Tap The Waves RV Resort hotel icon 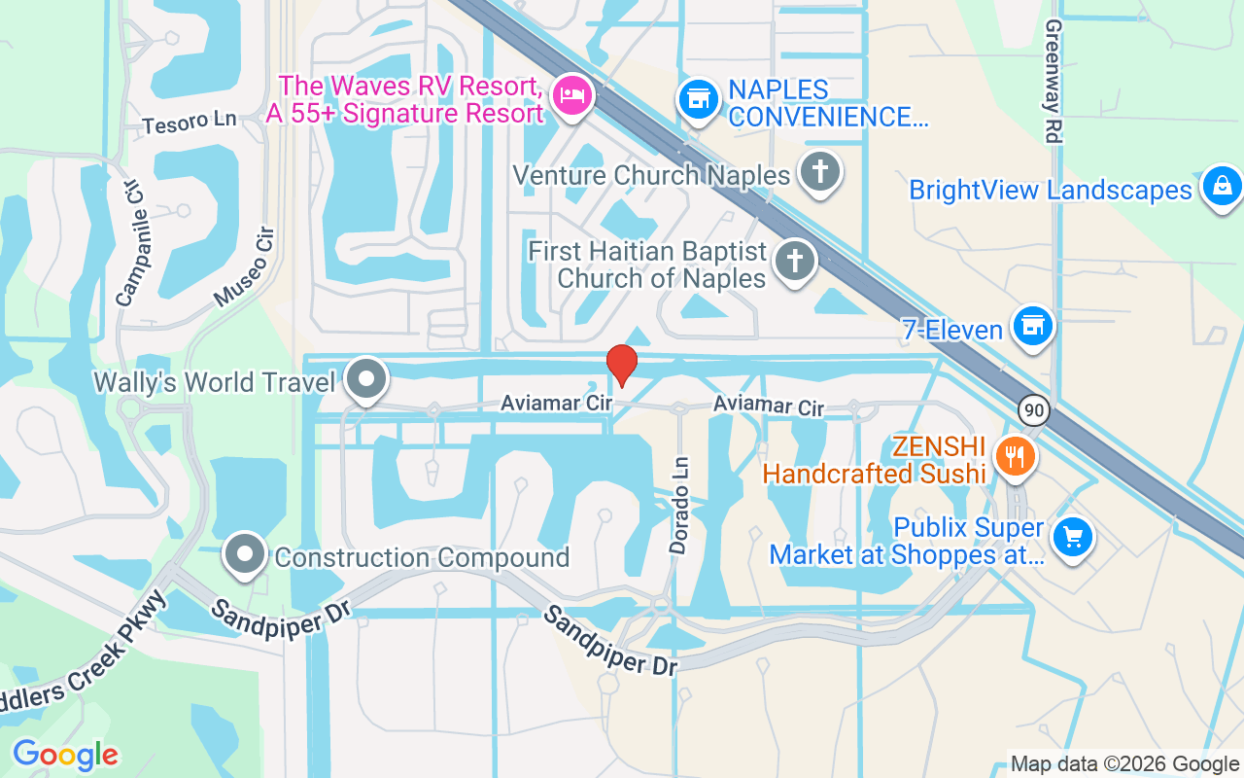571,96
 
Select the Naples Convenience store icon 697,98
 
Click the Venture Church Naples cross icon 819,172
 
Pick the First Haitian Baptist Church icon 794,262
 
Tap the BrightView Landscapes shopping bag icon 1222,186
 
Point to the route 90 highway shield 1033,410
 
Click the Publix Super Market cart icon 1072,537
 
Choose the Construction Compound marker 245,555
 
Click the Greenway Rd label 1052,81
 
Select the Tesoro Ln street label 190,123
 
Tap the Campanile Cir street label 129,243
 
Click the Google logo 65,755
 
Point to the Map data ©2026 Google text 1124,764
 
